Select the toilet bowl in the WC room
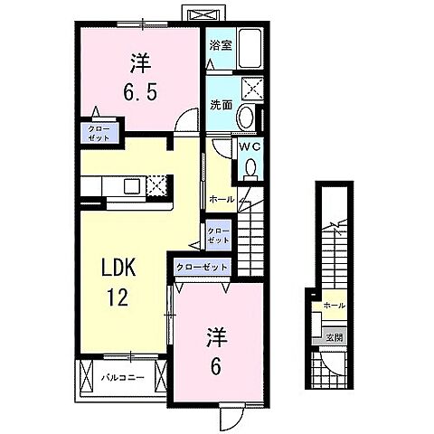coord(249,167)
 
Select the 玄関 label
coord(335,337)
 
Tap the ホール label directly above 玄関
coord(335,306)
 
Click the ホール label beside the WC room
coord(222,198)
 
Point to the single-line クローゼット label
coord(202,268)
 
